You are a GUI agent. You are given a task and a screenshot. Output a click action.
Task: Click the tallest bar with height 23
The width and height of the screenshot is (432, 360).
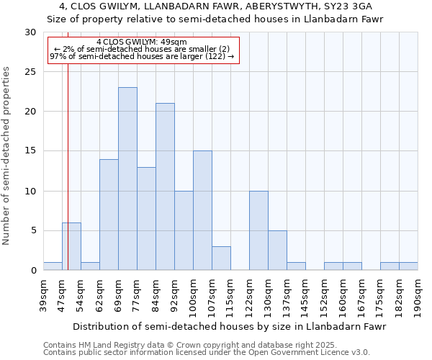(127, 179)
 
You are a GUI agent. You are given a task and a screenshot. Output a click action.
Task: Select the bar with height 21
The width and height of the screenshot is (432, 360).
(165, 186)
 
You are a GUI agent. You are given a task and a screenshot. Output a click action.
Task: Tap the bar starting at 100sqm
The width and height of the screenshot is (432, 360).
(202, 210)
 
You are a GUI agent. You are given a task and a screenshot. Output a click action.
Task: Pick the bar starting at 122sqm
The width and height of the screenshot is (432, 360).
(258, 230)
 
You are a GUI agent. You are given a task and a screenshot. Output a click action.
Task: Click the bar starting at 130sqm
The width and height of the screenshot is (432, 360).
(277, 250)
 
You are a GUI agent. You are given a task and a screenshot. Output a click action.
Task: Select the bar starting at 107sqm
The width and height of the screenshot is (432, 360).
(221, 258)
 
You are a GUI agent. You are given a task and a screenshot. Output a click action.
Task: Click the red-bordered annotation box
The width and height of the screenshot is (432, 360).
(143, 50)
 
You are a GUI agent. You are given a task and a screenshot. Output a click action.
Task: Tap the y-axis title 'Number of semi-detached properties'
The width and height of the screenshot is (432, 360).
(7, 156)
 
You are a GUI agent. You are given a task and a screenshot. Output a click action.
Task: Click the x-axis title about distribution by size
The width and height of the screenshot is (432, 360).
(230, 326)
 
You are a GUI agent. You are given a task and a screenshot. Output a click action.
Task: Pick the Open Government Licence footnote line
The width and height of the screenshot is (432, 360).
(207, 353)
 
